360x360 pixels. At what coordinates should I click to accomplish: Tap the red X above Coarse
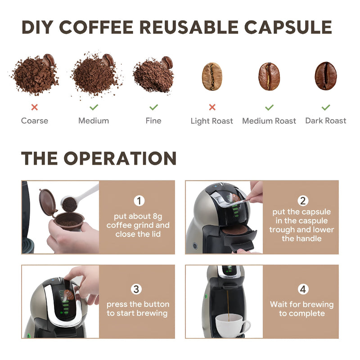tap(34, 107)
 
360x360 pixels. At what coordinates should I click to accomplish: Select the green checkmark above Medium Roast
tap(269, 107)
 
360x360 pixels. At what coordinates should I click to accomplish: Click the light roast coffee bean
tap(212, 76)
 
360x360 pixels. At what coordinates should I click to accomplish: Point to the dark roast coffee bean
tap(325, 76)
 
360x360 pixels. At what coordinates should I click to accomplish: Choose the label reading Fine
tap(153, 121)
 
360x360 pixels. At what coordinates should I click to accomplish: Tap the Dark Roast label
tap(326, 121)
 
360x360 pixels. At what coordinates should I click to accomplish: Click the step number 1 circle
tap(139, 201)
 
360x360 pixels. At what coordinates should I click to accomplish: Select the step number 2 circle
tap(302, 201)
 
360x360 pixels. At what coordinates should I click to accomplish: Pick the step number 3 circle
tap(138, 289)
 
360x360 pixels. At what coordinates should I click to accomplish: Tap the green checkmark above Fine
tap(153, 107)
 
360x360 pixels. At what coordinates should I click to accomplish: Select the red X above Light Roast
tap(212, 107)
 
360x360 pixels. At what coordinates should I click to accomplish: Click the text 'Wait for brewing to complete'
tap(301, 309)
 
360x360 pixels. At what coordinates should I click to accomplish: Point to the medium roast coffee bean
tap(269, 76)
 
